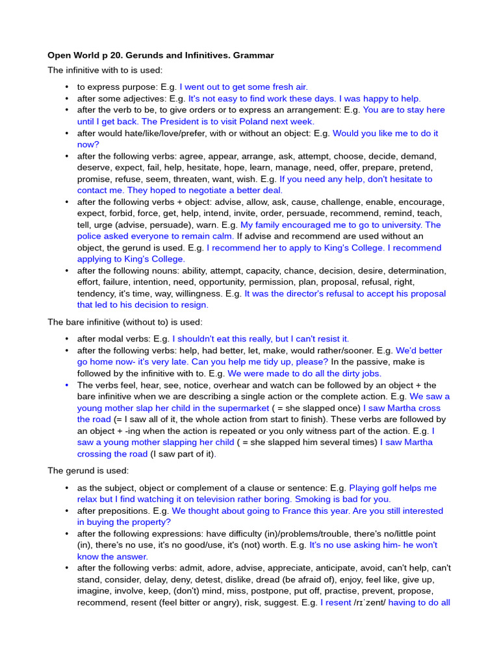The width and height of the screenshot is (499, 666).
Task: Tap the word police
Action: pyautogui.click(x=91, y=237)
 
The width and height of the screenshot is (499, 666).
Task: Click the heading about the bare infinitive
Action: pyautogui.click(x=125, y=322)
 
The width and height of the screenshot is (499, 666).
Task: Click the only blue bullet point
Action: pyautogui.click(x=67, y=386)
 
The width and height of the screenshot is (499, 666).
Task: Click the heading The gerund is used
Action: pyautogui.click(x=88, y=471)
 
